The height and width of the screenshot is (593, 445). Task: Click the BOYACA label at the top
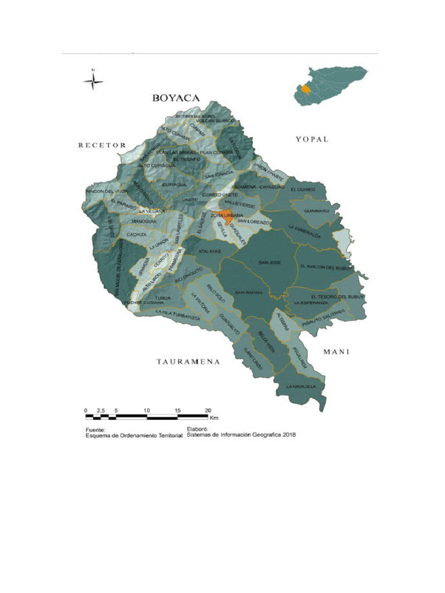pyautogui.click(x=176, y=98)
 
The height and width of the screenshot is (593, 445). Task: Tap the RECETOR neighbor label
pyautogui.click(x=102, y=145)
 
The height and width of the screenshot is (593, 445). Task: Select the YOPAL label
pyautogui.click(x=312, y=139)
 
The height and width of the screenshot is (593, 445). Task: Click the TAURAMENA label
pyautogui.click(x=188, y=362)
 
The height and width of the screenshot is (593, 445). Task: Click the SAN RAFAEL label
pyautogui.click(x=249, y=292)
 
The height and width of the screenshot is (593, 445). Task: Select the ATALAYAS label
pyautogui.click(x=210, y=252)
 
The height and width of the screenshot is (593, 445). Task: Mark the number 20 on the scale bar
pyautogui.click(x=208, y=410)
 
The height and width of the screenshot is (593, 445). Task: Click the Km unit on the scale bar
pyautogui.click(x=214, y=417)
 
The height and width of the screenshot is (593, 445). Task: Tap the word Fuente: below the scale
pyautogui.click(x=94, y=430)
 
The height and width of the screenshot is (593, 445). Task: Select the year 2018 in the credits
pyautogui.click(x=289, y=435)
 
